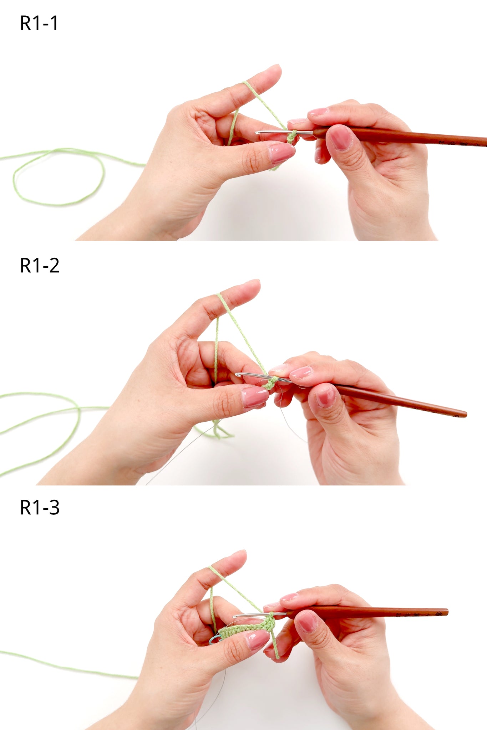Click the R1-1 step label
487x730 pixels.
coord(39,24)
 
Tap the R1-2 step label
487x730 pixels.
coord(40,266)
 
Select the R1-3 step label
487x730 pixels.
coord(40,508)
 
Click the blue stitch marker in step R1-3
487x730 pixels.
coord(214,639)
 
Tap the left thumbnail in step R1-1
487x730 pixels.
coord(281,152)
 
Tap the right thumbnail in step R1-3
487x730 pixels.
coord(307,622)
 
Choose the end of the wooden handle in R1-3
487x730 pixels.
coord(446,612)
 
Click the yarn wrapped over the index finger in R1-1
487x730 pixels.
coord(247,85)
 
